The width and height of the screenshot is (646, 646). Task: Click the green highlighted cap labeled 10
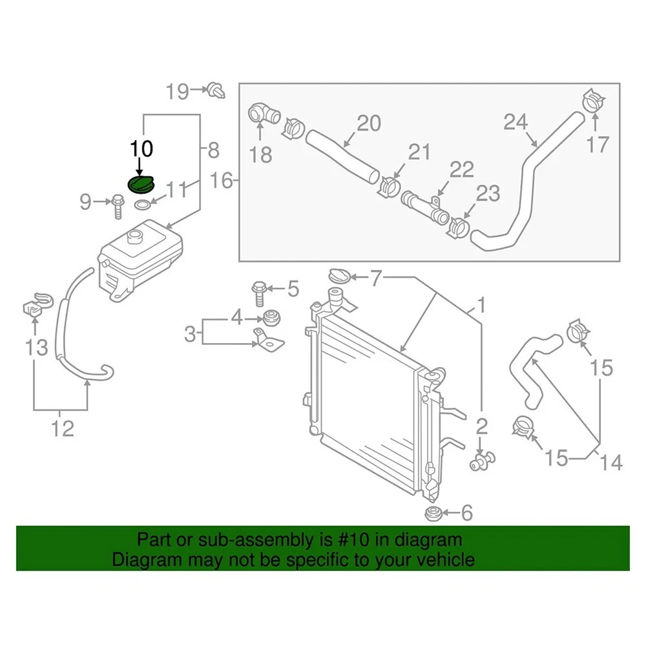(141, 185)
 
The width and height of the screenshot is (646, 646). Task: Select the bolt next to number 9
(119, 204)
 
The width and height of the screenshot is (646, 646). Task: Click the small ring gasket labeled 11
(143, 206)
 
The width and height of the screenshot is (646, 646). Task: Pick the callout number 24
(516, 121)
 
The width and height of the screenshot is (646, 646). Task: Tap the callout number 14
(610, 462)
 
